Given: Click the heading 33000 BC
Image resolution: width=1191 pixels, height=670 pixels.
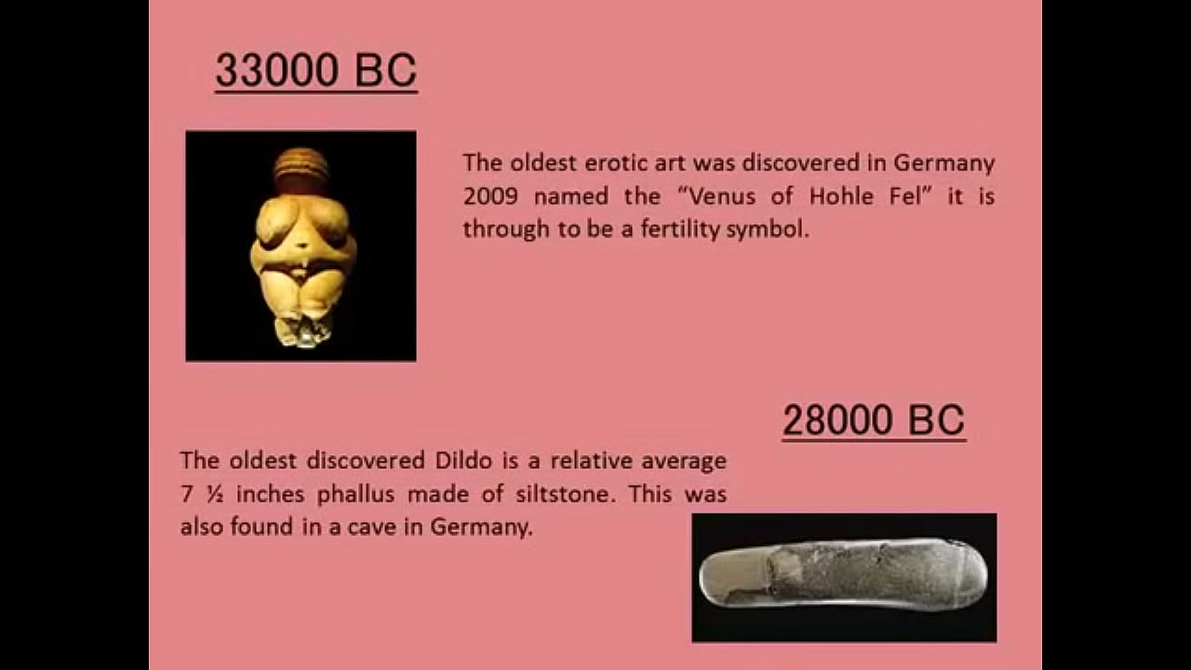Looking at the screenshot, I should click(x=316, y=72).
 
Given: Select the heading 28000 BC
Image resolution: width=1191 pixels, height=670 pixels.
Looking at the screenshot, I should click(x=873, y=421).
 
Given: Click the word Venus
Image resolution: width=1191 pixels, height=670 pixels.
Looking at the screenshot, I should click(x=722, y=196).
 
